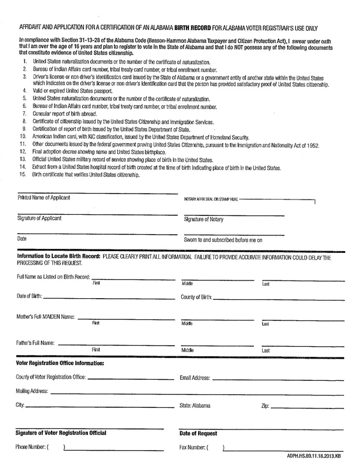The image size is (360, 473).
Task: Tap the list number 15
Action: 23,175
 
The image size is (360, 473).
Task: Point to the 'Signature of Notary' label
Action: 206,219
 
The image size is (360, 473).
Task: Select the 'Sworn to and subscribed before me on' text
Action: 223,239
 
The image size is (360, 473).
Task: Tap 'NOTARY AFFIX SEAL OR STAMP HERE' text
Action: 211,200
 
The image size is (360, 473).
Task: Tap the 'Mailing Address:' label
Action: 33,390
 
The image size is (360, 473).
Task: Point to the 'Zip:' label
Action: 265,406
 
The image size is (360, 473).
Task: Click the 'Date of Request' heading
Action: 198,433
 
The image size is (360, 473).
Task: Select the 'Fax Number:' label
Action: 193,447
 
